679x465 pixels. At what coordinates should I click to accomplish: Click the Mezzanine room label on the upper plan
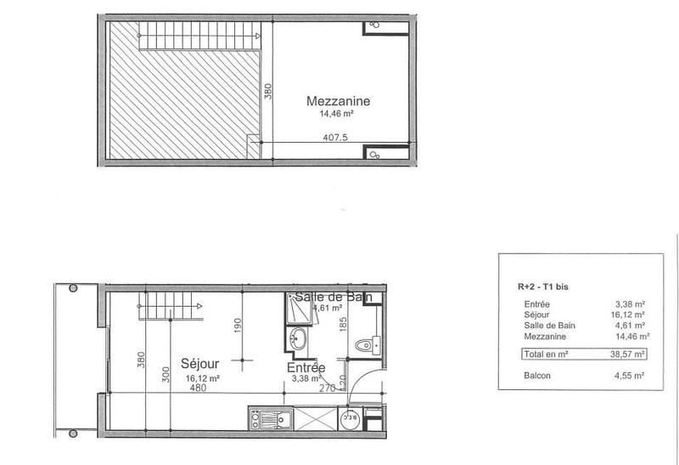338,100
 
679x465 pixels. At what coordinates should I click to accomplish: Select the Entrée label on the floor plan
304,367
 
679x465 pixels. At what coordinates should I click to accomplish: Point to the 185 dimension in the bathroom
344,323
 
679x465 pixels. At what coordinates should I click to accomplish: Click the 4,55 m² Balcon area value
630,374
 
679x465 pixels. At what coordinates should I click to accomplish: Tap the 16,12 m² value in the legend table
630,314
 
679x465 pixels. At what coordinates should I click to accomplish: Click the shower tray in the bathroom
299,311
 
